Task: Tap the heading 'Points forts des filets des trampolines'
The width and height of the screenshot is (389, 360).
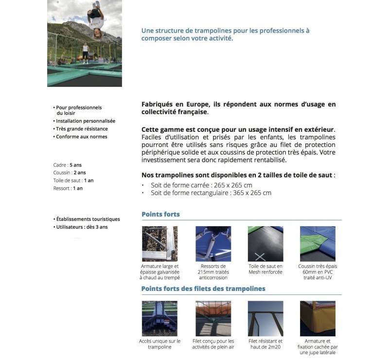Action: (203, 288)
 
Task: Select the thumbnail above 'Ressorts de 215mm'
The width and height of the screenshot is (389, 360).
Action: (213, 244)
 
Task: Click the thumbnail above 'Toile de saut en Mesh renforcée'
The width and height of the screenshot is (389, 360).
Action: (265, 244)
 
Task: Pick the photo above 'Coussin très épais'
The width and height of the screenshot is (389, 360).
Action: (318, 244)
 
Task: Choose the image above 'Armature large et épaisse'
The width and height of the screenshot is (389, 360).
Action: (159, 244)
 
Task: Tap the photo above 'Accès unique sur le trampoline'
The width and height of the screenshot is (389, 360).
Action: (159, 319)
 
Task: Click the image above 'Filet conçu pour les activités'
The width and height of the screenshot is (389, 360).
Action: (213, 319)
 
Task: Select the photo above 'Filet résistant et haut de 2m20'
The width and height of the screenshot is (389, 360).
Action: (265, 319)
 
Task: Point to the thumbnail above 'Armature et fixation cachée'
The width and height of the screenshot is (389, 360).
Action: (318, 319)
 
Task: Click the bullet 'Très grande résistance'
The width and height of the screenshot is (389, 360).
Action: (82, 129)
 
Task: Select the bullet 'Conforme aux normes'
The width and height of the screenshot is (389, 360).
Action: (81, 137)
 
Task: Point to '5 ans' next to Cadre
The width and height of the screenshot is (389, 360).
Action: (75, 165)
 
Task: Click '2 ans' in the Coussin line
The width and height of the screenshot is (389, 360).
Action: (80, 173)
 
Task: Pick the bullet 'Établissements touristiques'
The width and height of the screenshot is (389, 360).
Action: (88, 219)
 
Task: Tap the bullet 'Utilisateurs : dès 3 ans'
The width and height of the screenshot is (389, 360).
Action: (82, 227)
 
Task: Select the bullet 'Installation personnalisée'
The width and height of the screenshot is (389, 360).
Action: (86, 121)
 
